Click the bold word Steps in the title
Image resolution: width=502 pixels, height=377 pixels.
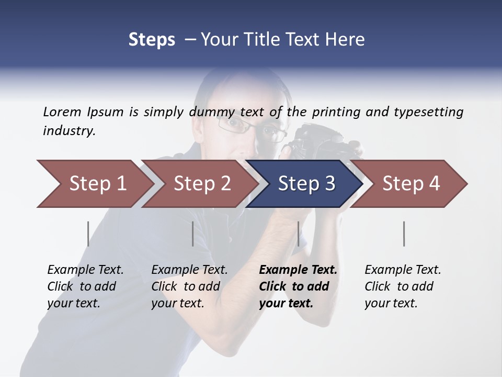click(x=152, y=40)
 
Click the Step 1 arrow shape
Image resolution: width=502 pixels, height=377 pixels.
click(x=94, y=184)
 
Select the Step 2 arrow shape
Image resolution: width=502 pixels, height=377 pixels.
click(x=201, y=184)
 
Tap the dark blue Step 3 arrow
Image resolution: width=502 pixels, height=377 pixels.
click(x=306, y=184)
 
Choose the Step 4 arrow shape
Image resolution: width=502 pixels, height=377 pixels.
click(x=410, y=184)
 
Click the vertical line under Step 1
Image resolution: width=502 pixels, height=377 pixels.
click(x=88, y=234)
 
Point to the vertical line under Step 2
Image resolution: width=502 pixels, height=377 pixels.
click(x=193, y=234)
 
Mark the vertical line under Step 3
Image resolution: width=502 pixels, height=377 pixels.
click(x=298, y=234)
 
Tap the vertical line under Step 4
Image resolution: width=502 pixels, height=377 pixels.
click(x=404, y=234)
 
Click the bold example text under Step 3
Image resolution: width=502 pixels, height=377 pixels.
click(x=298, y=286)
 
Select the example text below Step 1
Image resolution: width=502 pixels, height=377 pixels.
click(x=85, y=286)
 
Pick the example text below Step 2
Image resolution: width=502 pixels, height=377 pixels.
click(x=189, y=286)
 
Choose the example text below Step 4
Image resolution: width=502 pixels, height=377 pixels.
click(x=403, y=286)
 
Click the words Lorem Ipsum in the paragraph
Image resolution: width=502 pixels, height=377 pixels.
click(x=83, y=112)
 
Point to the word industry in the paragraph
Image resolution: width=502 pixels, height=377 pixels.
click(x=69, y=131)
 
